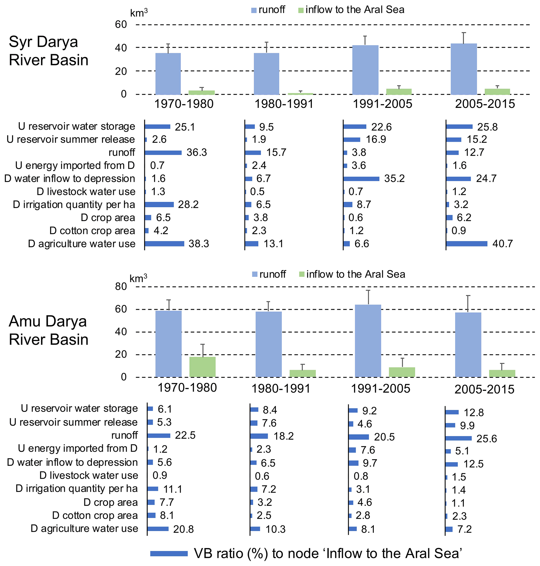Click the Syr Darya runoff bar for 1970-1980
(168, 74)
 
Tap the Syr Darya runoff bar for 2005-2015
(463, 69)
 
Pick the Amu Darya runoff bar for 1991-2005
(368, 341)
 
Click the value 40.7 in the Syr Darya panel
(502, 244)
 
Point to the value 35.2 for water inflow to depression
(394, 178)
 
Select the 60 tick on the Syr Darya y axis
(121, 25)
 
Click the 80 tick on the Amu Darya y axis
(121, 286)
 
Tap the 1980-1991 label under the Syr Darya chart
(284, 104)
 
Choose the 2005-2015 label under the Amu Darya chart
(484, 389)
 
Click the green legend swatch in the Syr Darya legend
(301, 11)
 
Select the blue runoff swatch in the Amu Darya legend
(255, 275)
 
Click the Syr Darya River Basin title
(48, 51)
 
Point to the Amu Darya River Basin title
(48, 330)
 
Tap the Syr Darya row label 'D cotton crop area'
(92, 231)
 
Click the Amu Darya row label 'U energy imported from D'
(78, 448)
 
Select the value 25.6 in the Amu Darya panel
(486, 439)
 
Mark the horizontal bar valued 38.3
(164, 244)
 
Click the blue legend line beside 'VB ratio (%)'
(169, 554)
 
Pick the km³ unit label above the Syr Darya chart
(139, 13)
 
